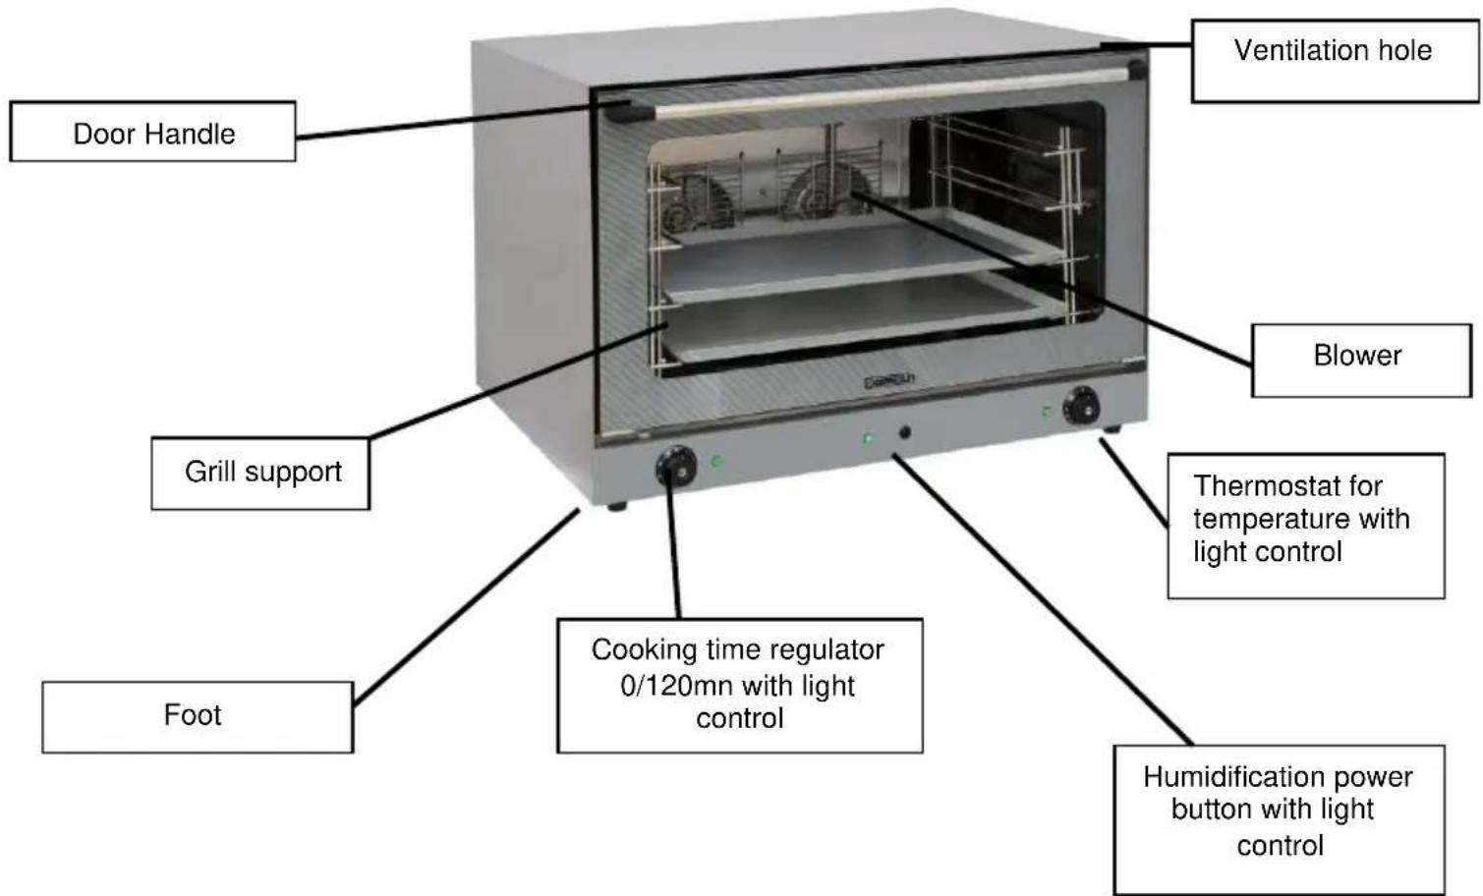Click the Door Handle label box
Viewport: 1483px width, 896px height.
pyautogui.click(x=152, y=132)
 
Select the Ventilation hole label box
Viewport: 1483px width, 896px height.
pyautogui.click(x=1334, y=59)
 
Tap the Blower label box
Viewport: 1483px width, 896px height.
pyautogui.click(x=1360, y=360)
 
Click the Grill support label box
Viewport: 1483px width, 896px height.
pyautogui.click(x=260, y=474)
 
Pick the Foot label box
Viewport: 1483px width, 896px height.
pyautogui.click(x=197, y=716)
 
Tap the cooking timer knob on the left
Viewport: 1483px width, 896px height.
pyautogui.click(x=676, y=467)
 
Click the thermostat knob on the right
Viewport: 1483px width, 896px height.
pyautogui.click(x=1082, y=406)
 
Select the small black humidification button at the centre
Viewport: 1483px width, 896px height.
pyautogui.click(x=904, y=432)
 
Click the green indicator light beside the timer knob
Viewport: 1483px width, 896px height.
pyautogui.click(x=717, y=461)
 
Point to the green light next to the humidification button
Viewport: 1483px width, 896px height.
pyautogui.click(x=868, y=438)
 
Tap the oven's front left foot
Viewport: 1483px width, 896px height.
pyautogui.click(x=617, y=507)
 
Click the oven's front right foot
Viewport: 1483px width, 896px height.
pyautogui.click(x=1112, y=429)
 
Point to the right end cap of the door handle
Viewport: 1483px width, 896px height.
pyautogui.click(x=1137, y=70)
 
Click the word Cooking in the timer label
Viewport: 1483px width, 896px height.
pyautogui.click(x=630, y=650)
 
